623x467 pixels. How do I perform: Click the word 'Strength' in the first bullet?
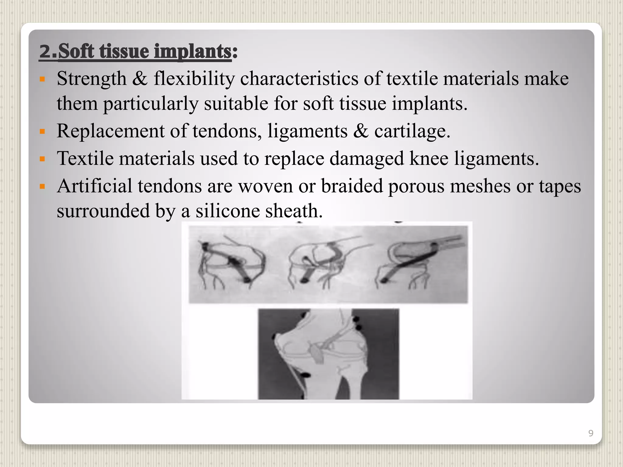(x=92, y=79)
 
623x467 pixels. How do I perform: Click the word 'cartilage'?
(x=412, y=131)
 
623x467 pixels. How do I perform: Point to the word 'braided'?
(x=352, y=186)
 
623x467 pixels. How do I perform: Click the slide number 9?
(x=590, y=433)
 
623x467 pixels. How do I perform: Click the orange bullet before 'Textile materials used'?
(x=42, y=159)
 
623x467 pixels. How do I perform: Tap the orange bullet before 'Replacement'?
(x=42, y=131)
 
